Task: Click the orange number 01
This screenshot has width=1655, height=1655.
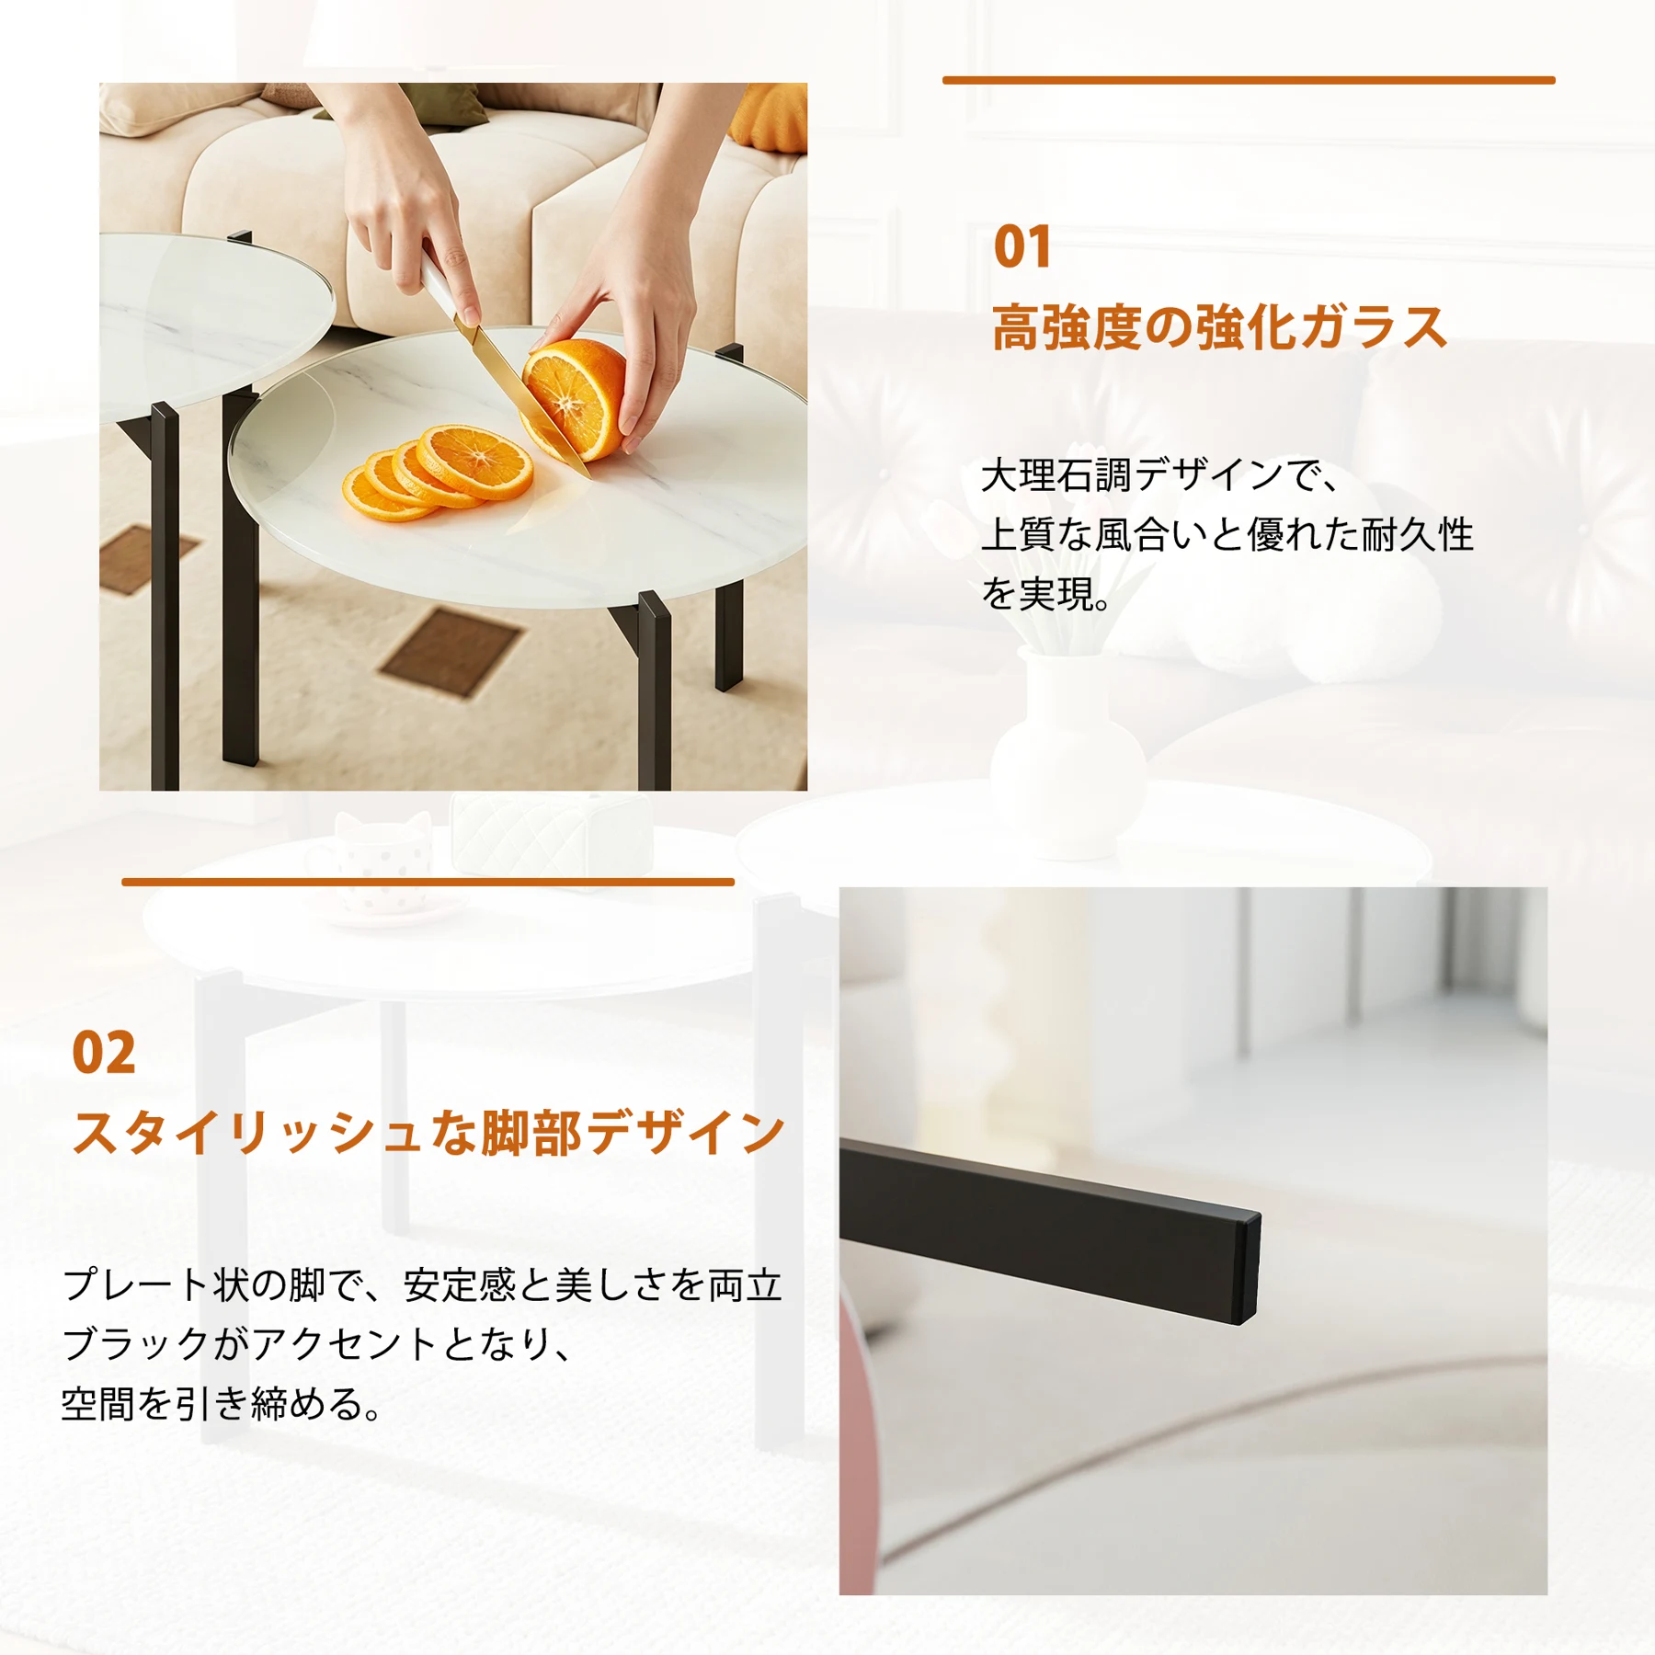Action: [x=1022, y=247]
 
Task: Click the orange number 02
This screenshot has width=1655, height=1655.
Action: [x=104, y=1053]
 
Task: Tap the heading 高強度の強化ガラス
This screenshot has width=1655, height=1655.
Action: [x=1219, y=328]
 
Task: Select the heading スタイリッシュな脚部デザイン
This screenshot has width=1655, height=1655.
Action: [x=428, y=1133]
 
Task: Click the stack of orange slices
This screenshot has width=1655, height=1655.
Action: [x=437, y=473]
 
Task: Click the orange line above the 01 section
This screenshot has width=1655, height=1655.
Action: [x=1249, y=81]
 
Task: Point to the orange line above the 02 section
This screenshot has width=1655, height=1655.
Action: [x=428, y=883]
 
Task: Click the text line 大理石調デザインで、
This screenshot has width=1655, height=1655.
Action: [x=1159, y=475]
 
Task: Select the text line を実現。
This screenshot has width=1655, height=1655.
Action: [x=1045, y=594]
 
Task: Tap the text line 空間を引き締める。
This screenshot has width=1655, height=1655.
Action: [x=221, y=1404]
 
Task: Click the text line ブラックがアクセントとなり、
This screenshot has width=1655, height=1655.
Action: [x=317, y=1344]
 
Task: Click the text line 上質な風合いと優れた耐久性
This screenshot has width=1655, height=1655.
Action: [x=1227, y=534]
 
